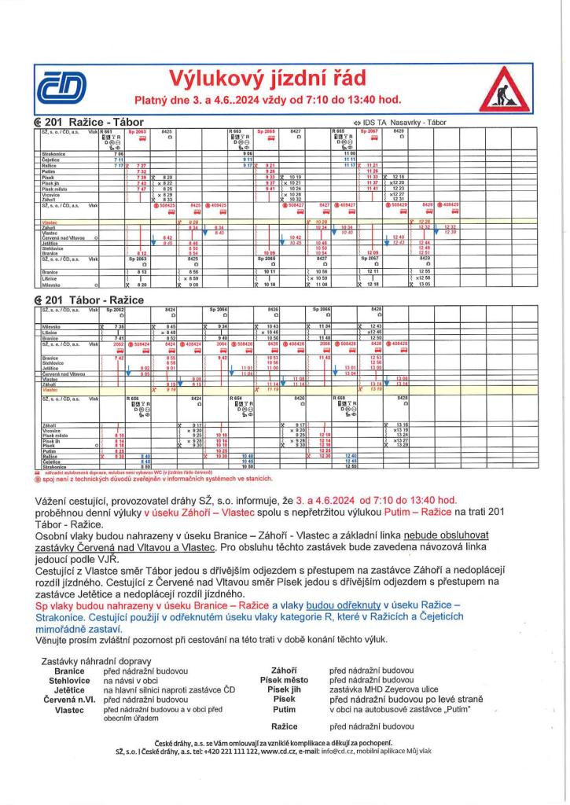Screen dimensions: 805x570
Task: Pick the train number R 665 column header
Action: [340, 132]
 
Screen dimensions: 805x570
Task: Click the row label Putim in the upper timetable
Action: [48, 171]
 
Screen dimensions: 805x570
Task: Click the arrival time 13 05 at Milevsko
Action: [425, 284]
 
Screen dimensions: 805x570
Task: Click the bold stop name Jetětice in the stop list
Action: [69, 689]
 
